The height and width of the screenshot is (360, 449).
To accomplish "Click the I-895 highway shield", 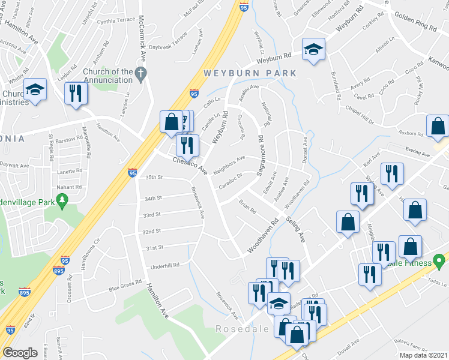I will coord(24,293).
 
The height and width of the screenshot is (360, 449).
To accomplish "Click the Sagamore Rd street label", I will coord(261,155).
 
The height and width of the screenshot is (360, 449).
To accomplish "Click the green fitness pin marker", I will coord(439,262).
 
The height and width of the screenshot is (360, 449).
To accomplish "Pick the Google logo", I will coord(20,353).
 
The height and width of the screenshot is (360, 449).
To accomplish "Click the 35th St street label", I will coord(154,178).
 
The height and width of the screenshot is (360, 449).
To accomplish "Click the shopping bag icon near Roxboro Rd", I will coord(438,126).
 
